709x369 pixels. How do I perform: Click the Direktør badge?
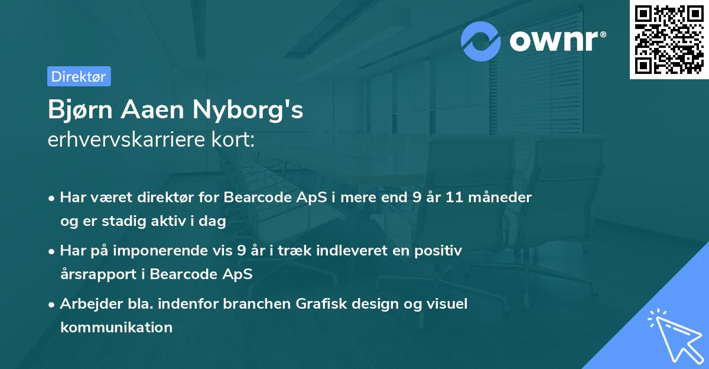point(79,76)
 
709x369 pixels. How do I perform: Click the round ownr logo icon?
point(482,41)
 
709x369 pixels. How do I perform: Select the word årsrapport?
point(96,274)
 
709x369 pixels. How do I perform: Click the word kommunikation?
point(116,327)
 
